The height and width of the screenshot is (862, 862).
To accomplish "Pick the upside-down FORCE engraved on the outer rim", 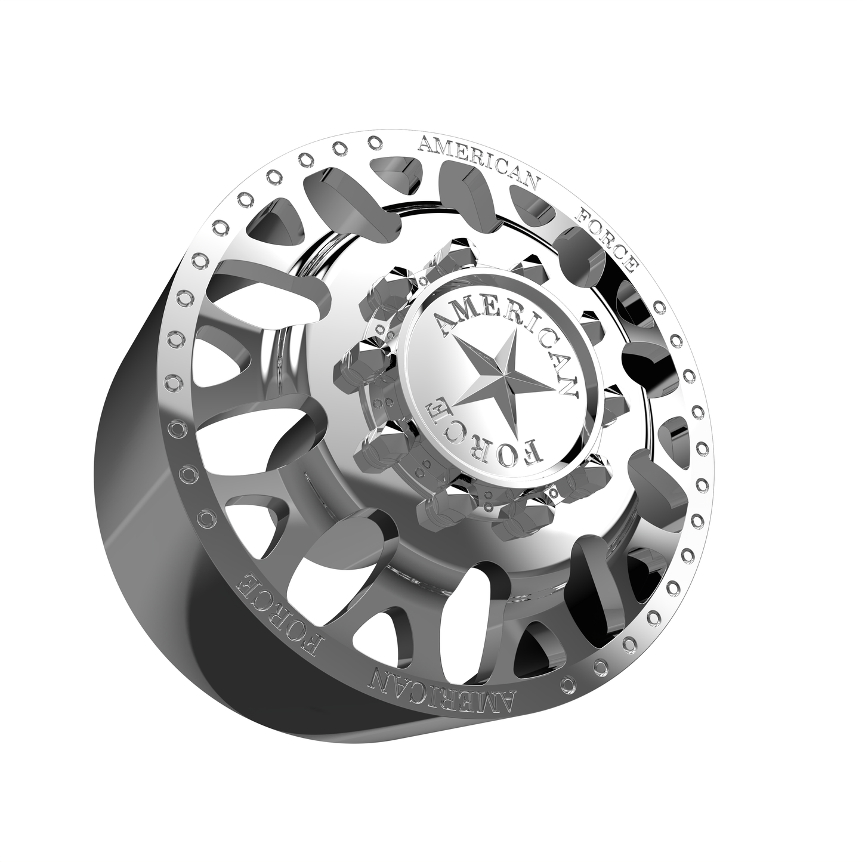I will [280, 614].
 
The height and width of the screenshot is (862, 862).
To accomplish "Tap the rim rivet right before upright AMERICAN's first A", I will [375, 142].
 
